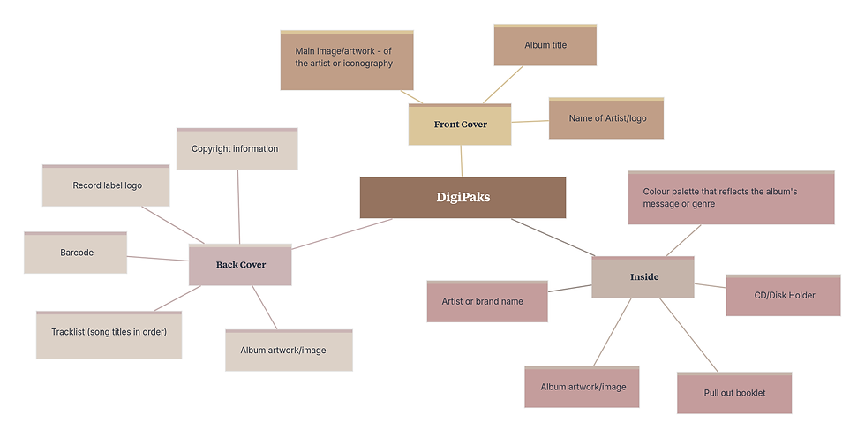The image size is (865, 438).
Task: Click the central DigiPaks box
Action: [x=463, y=197]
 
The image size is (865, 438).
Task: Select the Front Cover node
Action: [x=460, y=125]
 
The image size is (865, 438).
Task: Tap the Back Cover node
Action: [x=240, y=264]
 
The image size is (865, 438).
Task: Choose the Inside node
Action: [x=643, y=276]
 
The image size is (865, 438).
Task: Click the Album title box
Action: [x=545, y=45]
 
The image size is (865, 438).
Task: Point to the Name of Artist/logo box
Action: [x=605, y=118]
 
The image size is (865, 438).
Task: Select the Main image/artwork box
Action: [x=347, y=60]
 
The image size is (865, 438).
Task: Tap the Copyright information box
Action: [x=237, y=149]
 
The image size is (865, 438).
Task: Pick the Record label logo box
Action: [x=106, y=185]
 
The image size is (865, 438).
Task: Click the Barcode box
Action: [x=76, y=253]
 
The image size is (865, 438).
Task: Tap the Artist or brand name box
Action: [x=487, y=301]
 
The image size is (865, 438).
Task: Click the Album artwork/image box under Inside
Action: [x=582, y=387]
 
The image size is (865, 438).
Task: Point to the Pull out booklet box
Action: [x=734, y=393]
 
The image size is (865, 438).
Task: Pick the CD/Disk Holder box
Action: [x=783, y=295]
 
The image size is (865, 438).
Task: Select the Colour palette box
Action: [x=731, y=198]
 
